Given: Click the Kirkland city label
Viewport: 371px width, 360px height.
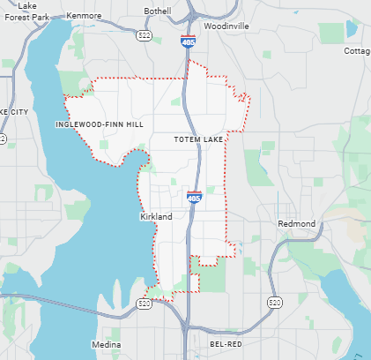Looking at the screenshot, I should coord(155,216).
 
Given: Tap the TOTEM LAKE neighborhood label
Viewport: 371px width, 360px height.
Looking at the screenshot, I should coord(198,139).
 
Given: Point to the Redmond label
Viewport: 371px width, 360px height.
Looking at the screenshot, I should coord(296,224).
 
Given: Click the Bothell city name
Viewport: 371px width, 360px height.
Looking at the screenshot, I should coord(159,11).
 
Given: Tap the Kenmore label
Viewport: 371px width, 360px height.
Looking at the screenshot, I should coord(84,16).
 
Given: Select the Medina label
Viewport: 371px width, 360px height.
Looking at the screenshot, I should coord(106,344).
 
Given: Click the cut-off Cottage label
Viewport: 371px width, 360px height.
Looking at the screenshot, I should coord(357,51).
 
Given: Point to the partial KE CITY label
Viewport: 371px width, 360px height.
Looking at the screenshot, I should coord(15,113).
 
